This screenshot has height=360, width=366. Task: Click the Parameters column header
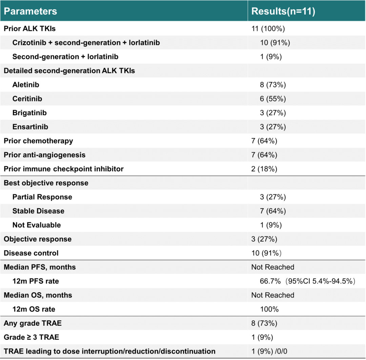(30, 11)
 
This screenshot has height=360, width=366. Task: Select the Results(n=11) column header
(283, 11)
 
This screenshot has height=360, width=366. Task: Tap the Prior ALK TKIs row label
(29, 28)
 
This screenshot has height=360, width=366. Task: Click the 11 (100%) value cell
(268, 29)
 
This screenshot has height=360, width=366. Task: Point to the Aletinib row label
(26, 84)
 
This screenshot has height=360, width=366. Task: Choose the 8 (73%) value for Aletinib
(273, 85)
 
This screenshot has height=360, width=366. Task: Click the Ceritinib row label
(27, 99)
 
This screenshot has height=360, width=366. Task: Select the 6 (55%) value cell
(273, 99)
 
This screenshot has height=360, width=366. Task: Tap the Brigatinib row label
(29, 113)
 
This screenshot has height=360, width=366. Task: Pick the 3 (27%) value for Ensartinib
(273, 127)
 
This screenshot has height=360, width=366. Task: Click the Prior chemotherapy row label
(38, 141)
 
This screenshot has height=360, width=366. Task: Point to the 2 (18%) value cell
(264, 169)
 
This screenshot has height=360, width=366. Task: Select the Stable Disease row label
(38, 211)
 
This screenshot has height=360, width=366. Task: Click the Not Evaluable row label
(37, 225)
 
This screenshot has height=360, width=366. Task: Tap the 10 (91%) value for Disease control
(266, 253)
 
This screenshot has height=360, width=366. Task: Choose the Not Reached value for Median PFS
(272, 267)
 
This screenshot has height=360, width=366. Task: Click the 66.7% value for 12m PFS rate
(270, 281)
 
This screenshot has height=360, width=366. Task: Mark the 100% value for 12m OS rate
(269, 309)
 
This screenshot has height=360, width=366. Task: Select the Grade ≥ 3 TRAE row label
(31, 337)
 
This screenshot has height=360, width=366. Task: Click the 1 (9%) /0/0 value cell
(269, 352)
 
